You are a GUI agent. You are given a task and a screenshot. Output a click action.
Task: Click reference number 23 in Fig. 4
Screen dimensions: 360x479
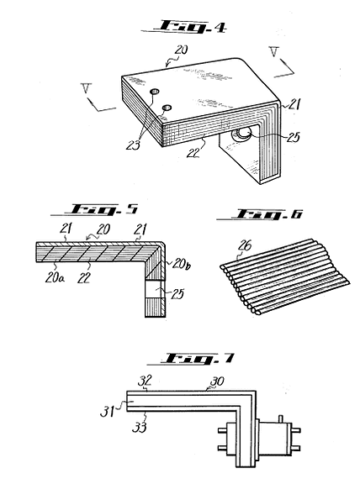point(133,145)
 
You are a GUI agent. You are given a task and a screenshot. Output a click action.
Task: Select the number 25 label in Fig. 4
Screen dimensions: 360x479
point(293,137)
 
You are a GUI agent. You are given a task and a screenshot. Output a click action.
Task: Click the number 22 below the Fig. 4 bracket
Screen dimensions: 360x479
point(193,152)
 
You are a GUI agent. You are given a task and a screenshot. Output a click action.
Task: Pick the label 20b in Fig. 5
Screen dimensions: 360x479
point(182,264)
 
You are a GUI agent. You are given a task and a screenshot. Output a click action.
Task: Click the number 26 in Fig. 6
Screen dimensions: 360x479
point(245,246)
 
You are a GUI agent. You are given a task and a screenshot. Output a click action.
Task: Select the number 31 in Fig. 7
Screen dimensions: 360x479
point(107,412)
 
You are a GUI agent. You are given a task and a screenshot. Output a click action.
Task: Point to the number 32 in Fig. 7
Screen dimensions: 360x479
point(145,381)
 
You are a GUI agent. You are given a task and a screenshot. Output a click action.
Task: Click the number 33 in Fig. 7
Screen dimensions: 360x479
point(140,427)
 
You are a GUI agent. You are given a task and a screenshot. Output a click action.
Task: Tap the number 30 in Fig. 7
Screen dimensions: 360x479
point(217,381)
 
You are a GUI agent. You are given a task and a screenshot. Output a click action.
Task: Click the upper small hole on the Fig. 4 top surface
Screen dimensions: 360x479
point(155,91)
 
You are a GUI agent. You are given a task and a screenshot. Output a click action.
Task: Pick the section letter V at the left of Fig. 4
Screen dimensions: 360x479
point(87,88)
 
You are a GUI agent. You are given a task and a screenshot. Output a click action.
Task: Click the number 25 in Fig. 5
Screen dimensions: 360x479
point(177,294)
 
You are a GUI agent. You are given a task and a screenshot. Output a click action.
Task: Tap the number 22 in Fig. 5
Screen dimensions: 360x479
point(83,277)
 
